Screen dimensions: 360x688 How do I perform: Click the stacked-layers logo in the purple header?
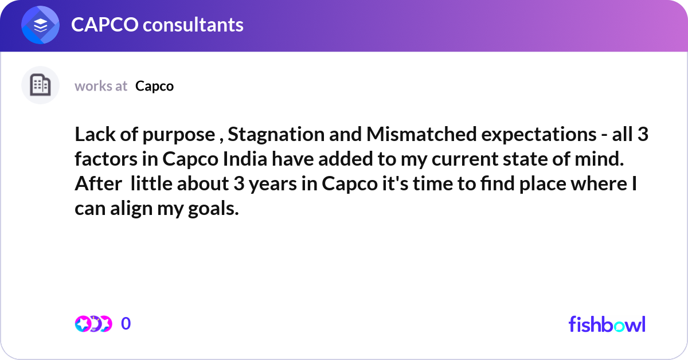41,25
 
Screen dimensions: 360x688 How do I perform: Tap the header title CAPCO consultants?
157,25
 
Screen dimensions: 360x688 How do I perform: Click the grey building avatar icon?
40,85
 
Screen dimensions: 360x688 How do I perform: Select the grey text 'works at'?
101,86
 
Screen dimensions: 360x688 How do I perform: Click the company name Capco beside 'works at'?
154,86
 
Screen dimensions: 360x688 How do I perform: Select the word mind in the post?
603,160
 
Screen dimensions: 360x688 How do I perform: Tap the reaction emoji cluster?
93,324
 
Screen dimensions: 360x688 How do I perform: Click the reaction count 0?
126,324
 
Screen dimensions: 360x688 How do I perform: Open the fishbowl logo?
607,324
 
